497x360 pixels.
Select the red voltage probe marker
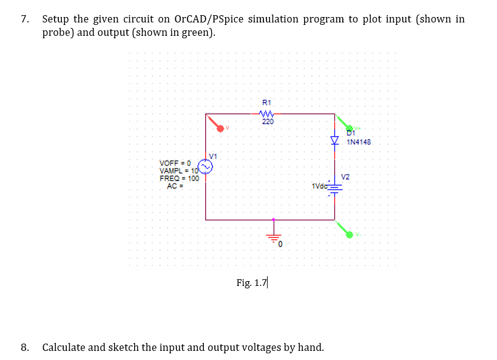(x=216, y=124)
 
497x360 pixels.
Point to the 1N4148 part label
(x=359, y=143)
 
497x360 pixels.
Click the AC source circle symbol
(x=206, y=165)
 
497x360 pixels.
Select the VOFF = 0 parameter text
(x=175, y=163)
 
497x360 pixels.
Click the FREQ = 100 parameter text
(x=179, y=178)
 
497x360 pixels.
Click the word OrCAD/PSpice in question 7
(x=214, y=19)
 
